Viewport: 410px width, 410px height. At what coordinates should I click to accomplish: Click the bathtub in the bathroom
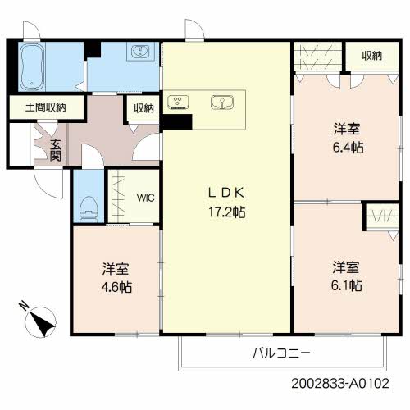(x=33, y=67)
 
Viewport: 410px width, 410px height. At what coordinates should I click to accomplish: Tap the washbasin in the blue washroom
(x=140, y=51)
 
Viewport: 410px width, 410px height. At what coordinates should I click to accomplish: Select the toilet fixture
(x=89, y=209)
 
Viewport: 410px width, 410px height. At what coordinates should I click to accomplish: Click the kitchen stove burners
(x=178, y=102)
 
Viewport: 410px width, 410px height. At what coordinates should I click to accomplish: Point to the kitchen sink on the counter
(x=222, y=102)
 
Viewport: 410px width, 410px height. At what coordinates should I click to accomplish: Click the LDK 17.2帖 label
(x=226, y=203)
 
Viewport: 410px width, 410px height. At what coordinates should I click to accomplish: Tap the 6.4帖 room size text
(x=348, y=148)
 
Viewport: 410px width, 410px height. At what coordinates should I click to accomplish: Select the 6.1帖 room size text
(x=347, y=286)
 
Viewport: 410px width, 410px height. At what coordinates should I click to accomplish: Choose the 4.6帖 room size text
(x=116, y=288)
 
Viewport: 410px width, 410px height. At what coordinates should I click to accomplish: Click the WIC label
(x=146, y=198)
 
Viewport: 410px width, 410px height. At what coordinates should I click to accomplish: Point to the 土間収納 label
(x=46, y=107)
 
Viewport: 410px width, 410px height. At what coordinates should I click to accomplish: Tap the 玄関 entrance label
(x=55, y=150)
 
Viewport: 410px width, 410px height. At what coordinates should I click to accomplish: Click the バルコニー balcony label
(x=281, y=353)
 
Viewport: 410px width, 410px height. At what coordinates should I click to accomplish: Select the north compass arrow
(x=42, y=322)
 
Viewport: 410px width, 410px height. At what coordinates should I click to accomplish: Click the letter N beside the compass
(x=24, y=306)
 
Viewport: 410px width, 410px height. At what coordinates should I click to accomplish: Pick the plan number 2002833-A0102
(x=340, y=383)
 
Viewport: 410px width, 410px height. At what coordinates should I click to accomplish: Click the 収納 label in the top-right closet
(x=371, y=56)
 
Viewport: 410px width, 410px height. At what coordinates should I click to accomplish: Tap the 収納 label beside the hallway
(x=143, y=108)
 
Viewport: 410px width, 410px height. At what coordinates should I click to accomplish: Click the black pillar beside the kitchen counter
(x=177, y=121)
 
